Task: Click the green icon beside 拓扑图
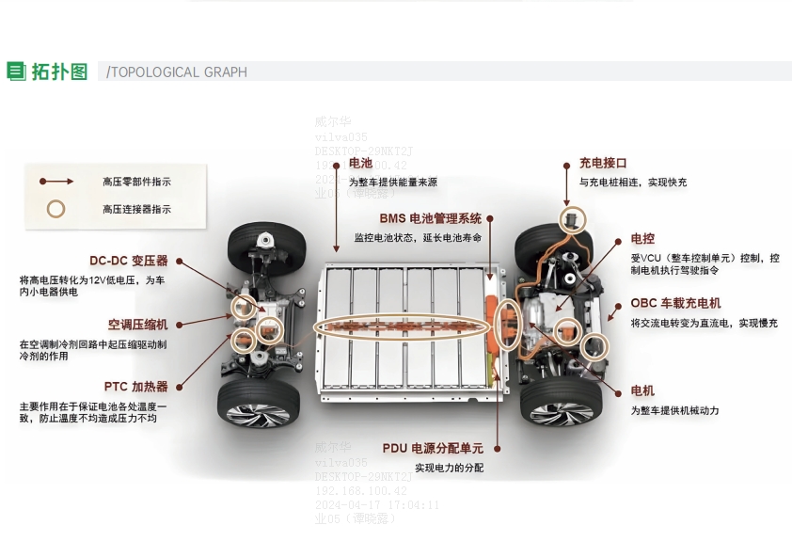pos(16,72)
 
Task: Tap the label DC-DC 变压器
pos(128,261)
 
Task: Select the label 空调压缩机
pos(137,324)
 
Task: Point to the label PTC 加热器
pos(135,386)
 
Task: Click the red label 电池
pos(360,163)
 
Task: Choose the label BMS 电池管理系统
pos(430,218)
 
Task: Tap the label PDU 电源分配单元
pos(433,448)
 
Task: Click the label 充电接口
pos(603,163)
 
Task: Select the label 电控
pos(642,239)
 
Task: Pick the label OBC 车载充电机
pos(675,303)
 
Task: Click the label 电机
pos(642,390)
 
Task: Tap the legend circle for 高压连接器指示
pos(56,209)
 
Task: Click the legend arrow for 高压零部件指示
pos(55,181)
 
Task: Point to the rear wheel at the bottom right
pos(561,402)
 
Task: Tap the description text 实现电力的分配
pos(449,468)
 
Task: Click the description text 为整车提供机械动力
pos(674,411)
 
